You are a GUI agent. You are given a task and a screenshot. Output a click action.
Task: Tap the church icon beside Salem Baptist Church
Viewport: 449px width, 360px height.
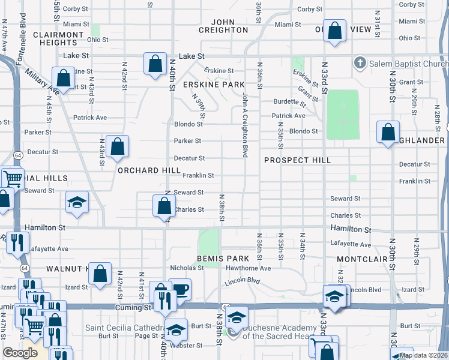click(x=360, y=62)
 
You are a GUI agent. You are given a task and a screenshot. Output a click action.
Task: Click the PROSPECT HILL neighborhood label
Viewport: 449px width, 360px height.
click(x=298, y=160)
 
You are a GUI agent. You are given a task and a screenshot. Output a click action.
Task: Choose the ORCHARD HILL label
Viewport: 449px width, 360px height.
click(x=149, y=170)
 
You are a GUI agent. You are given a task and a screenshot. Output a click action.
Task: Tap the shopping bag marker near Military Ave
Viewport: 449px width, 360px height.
click(x=62, y=79)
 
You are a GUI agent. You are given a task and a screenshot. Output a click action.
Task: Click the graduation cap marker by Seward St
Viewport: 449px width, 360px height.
click(x=77, y=202)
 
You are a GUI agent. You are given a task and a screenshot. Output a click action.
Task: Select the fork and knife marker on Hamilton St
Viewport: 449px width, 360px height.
click(x=16, y=242)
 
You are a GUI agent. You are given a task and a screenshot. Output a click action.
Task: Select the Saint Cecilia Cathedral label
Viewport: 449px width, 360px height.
click(x=124, y=328)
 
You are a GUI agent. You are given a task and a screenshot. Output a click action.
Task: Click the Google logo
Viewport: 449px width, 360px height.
click(x=20, y=353)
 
